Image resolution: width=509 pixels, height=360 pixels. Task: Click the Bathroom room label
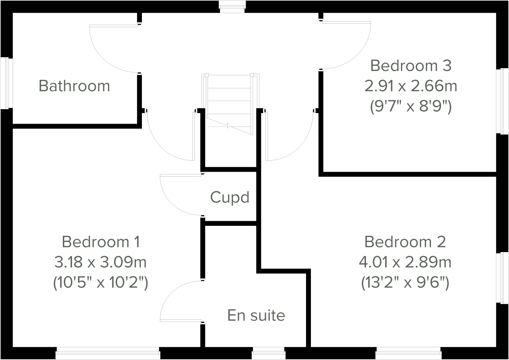pos(74,86)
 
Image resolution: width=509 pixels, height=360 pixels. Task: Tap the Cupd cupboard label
pos(230,197)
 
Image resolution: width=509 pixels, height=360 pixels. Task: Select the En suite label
pos(256,315)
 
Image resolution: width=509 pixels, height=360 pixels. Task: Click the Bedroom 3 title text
pos(411,66)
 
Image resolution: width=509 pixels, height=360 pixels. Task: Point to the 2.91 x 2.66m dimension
pos(411,86)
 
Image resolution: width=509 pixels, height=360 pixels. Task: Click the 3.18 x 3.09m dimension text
pos(101,262)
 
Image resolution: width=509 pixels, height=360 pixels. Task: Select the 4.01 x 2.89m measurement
pos(405,262)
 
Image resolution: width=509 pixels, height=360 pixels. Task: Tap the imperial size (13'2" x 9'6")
pos(405,283)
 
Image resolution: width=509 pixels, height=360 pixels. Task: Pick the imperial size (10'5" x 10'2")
pos(101,283)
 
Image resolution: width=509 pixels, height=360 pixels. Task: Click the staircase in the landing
pos(230,102)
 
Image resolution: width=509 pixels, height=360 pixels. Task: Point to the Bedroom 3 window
pos(502,101)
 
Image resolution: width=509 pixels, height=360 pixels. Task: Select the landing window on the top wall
pos(232,6)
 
